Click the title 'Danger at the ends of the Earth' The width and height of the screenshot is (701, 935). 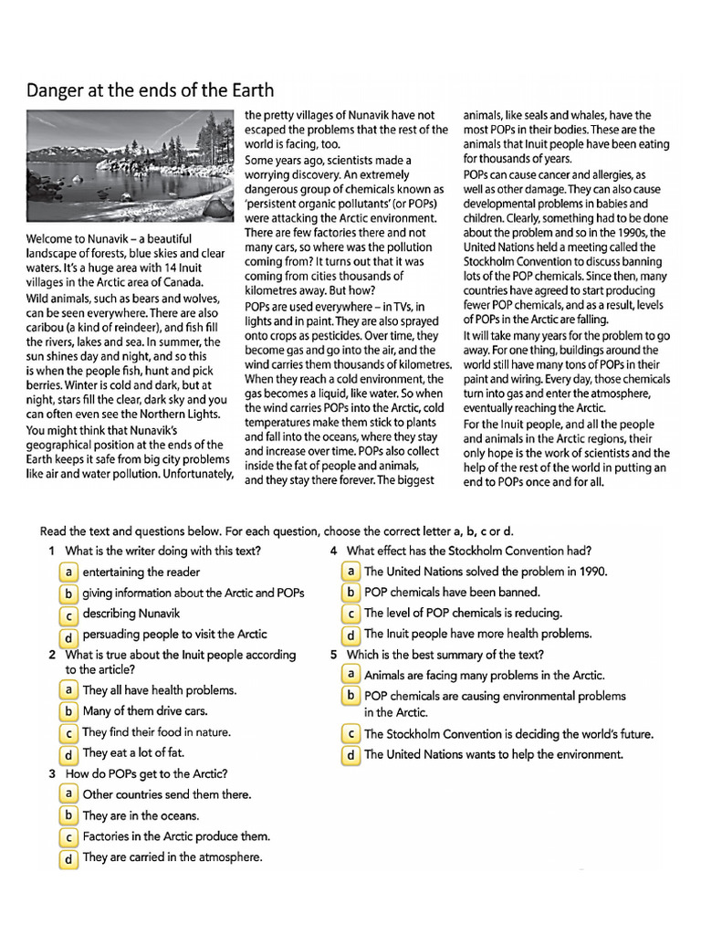(150, 90)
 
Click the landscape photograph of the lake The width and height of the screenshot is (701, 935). (130, 169)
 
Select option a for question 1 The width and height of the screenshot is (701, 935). (68, 572)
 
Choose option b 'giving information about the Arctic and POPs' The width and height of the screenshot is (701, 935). (68, 593)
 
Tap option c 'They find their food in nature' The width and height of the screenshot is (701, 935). (68, 733)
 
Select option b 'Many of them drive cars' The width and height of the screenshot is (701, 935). (68, 711)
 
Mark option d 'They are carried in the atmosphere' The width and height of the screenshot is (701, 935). (68, 858)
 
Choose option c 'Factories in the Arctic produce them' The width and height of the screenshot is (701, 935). (68, 837)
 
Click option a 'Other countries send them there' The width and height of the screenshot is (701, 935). (68, 794)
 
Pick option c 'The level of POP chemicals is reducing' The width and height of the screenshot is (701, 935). (350, 614)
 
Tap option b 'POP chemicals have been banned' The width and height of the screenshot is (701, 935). (350, 593)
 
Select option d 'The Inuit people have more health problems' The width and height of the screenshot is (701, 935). (350, 635)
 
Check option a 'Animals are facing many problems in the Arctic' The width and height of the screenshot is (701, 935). (350, 675)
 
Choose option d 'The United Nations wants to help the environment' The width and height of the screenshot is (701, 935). (350, 755)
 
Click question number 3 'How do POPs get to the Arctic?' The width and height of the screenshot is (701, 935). (146, 774)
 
